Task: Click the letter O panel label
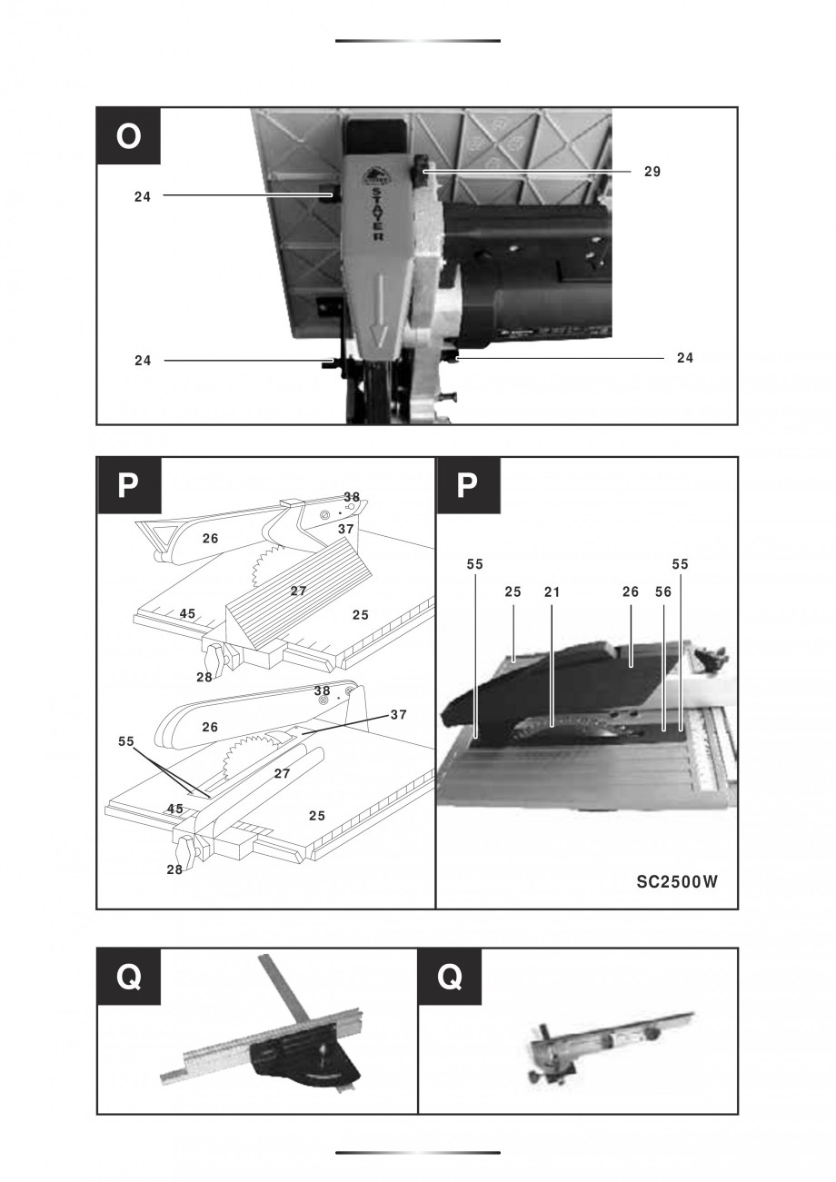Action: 129,136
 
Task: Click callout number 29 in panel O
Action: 652,171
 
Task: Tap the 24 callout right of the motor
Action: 685,358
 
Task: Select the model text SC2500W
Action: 677,880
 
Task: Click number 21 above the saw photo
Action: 552,591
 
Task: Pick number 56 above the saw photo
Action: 663,591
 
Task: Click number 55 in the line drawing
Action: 126,741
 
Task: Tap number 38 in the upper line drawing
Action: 352,497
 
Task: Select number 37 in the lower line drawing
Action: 398,715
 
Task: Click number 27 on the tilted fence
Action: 298,591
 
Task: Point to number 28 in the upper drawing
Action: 204,677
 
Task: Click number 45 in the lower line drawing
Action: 175,809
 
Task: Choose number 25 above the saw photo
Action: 513,591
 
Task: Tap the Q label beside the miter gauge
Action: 129,977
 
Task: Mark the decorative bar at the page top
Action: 418,41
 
